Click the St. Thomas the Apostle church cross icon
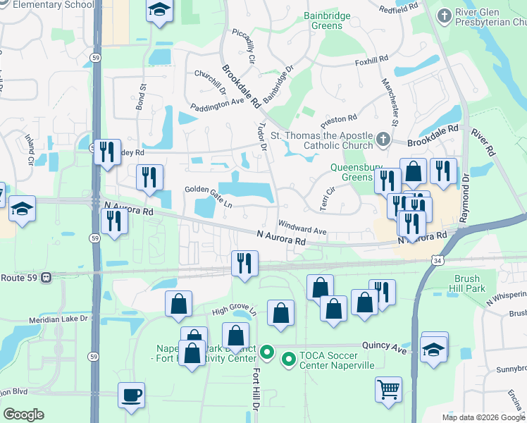[x=383, y=137]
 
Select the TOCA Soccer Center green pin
[x=288, y=360]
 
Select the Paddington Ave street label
[x=217, y=104]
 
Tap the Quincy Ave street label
[x=385, y=346]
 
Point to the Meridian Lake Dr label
[x=61, y=319]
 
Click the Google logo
[x=23, y=415]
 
